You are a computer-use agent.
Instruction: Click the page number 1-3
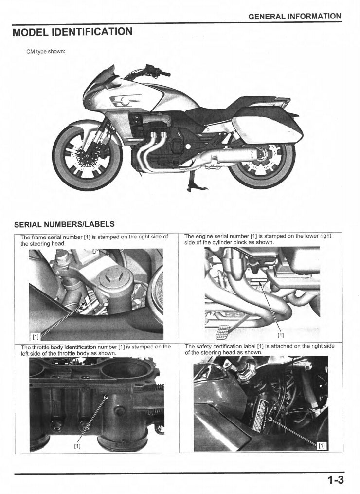coord(335,480)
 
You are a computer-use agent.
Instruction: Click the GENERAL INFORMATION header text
coord(295,16)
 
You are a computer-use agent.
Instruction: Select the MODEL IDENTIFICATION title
coord(72,33)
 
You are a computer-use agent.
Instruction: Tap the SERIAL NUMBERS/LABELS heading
coord(65,224)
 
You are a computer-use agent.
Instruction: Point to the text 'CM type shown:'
coord(45,52)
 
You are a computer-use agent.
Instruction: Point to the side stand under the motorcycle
coord(188,185)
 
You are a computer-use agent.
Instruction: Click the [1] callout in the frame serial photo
coord(36,336)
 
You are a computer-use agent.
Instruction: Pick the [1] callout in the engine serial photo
coord(281,335)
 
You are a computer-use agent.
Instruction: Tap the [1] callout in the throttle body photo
coord(77,445)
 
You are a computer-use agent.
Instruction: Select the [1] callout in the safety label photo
coord(322,445)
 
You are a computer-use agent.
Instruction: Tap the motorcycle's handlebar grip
coord(164,73)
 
